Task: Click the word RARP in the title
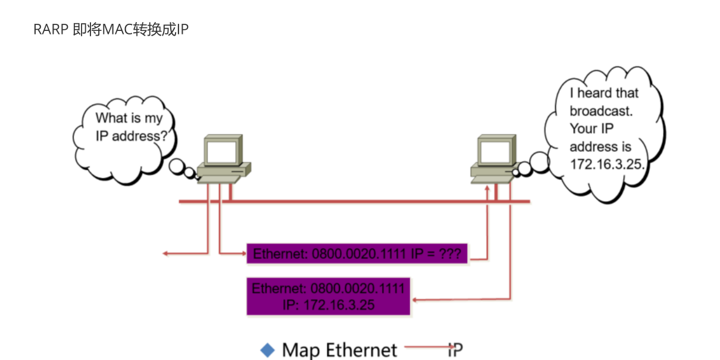point(51,30)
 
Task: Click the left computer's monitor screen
point(222,152)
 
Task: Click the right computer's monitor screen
point(495,152)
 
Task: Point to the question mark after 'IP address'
point(164,136)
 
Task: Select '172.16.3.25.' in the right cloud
point(607,164)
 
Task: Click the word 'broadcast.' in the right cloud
point(601,111)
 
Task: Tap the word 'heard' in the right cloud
point(594,93)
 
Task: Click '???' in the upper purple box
point(450,253)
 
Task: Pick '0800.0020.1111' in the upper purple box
point(359,254)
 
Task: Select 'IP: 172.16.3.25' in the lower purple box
point(328,305)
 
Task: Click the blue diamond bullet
point(267,350)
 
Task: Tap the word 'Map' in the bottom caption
point(301,350)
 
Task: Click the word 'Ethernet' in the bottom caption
point(362,350)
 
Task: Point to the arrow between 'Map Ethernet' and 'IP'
point(430,347)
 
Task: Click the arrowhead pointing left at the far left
point(165,253)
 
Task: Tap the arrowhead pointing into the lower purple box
point(415,300)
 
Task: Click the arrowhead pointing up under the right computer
point(487,188)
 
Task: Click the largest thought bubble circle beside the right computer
point(540,162)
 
